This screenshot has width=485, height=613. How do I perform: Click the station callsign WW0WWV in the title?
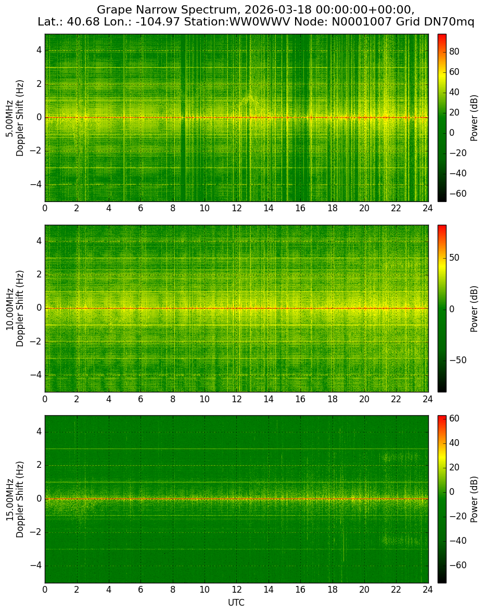(x=260, y=22)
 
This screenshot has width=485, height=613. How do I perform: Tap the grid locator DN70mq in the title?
(x=449, y=22)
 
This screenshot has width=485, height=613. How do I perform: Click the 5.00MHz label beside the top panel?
(x=9, y=118)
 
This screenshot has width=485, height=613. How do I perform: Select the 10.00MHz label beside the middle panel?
(x=9, y=309)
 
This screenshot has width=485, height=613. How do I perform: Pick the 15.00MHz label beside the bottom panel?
(x=9, y=499)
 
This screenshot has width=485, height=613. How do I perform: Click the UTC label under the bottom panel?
(x=236, y=603)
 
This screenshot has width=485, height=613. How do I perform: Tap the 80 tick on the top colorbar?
(x=454, y=52)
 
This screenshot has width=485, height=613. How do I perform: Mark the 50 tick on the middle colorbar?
(x=454, y=258)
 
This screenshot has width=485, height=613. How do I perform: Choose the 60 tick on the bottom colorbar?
(x=454, y=418)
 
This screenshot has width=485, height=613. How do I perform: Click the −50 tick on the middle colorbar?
(x=458, y=360)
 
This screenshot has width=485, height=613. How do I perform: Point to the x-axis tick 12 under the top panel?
(x=236, y=208)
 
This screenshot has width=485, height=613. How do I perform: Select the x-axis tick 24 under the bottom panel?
(x=428, y=589)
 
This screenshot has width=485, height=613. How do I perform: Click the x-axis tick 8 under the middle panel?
(x=173, y=399)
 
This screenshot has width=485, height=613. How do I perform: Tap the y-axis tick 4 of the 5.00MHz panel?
(x=40, y=51)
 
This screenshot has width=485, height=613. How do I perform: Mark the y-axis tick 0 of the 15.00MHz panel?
(x=40, y=499)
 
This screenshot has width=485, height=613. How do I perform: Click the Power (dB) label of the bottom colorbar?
(x=474, y=499)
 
